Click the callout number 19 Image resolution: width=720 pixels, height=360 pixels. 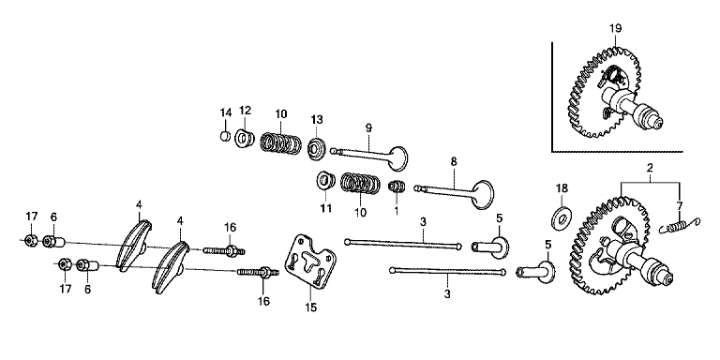click(615, 28)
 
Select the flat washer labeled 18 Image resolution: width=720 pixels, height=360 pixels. click(560, 217)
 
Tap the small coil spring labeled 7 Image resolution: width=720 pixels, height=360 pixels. click(680, 225)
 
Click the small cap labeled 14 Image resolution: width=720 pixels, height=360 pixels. click(225, 136)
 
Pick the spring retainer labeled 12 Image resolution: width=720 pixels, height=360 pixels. click(245, 139)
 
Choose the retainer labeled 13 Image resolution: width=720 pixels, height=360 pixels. click(316, 148)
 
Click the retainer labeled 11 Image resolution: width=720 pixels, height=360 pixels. click(325, 180)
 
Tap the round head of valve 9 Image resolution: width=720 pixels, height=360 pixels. click(397, 158)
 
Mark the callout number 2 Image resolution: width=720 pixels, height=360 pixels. click(650, 168)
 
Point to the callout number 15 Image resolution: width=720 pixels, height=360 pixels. click(311, 307)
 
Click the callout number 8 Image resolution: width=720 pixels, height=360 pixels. click(454, 161)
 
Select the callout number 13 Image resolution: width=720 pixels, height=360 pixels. click(317, 120)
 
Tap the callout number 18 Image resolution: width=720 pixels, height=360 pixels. click(562, 188)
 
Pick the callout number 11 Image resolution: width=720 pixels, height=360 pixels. click(325, 209)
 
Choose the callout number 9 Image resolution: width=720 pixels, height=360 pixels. click(368, 128)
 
